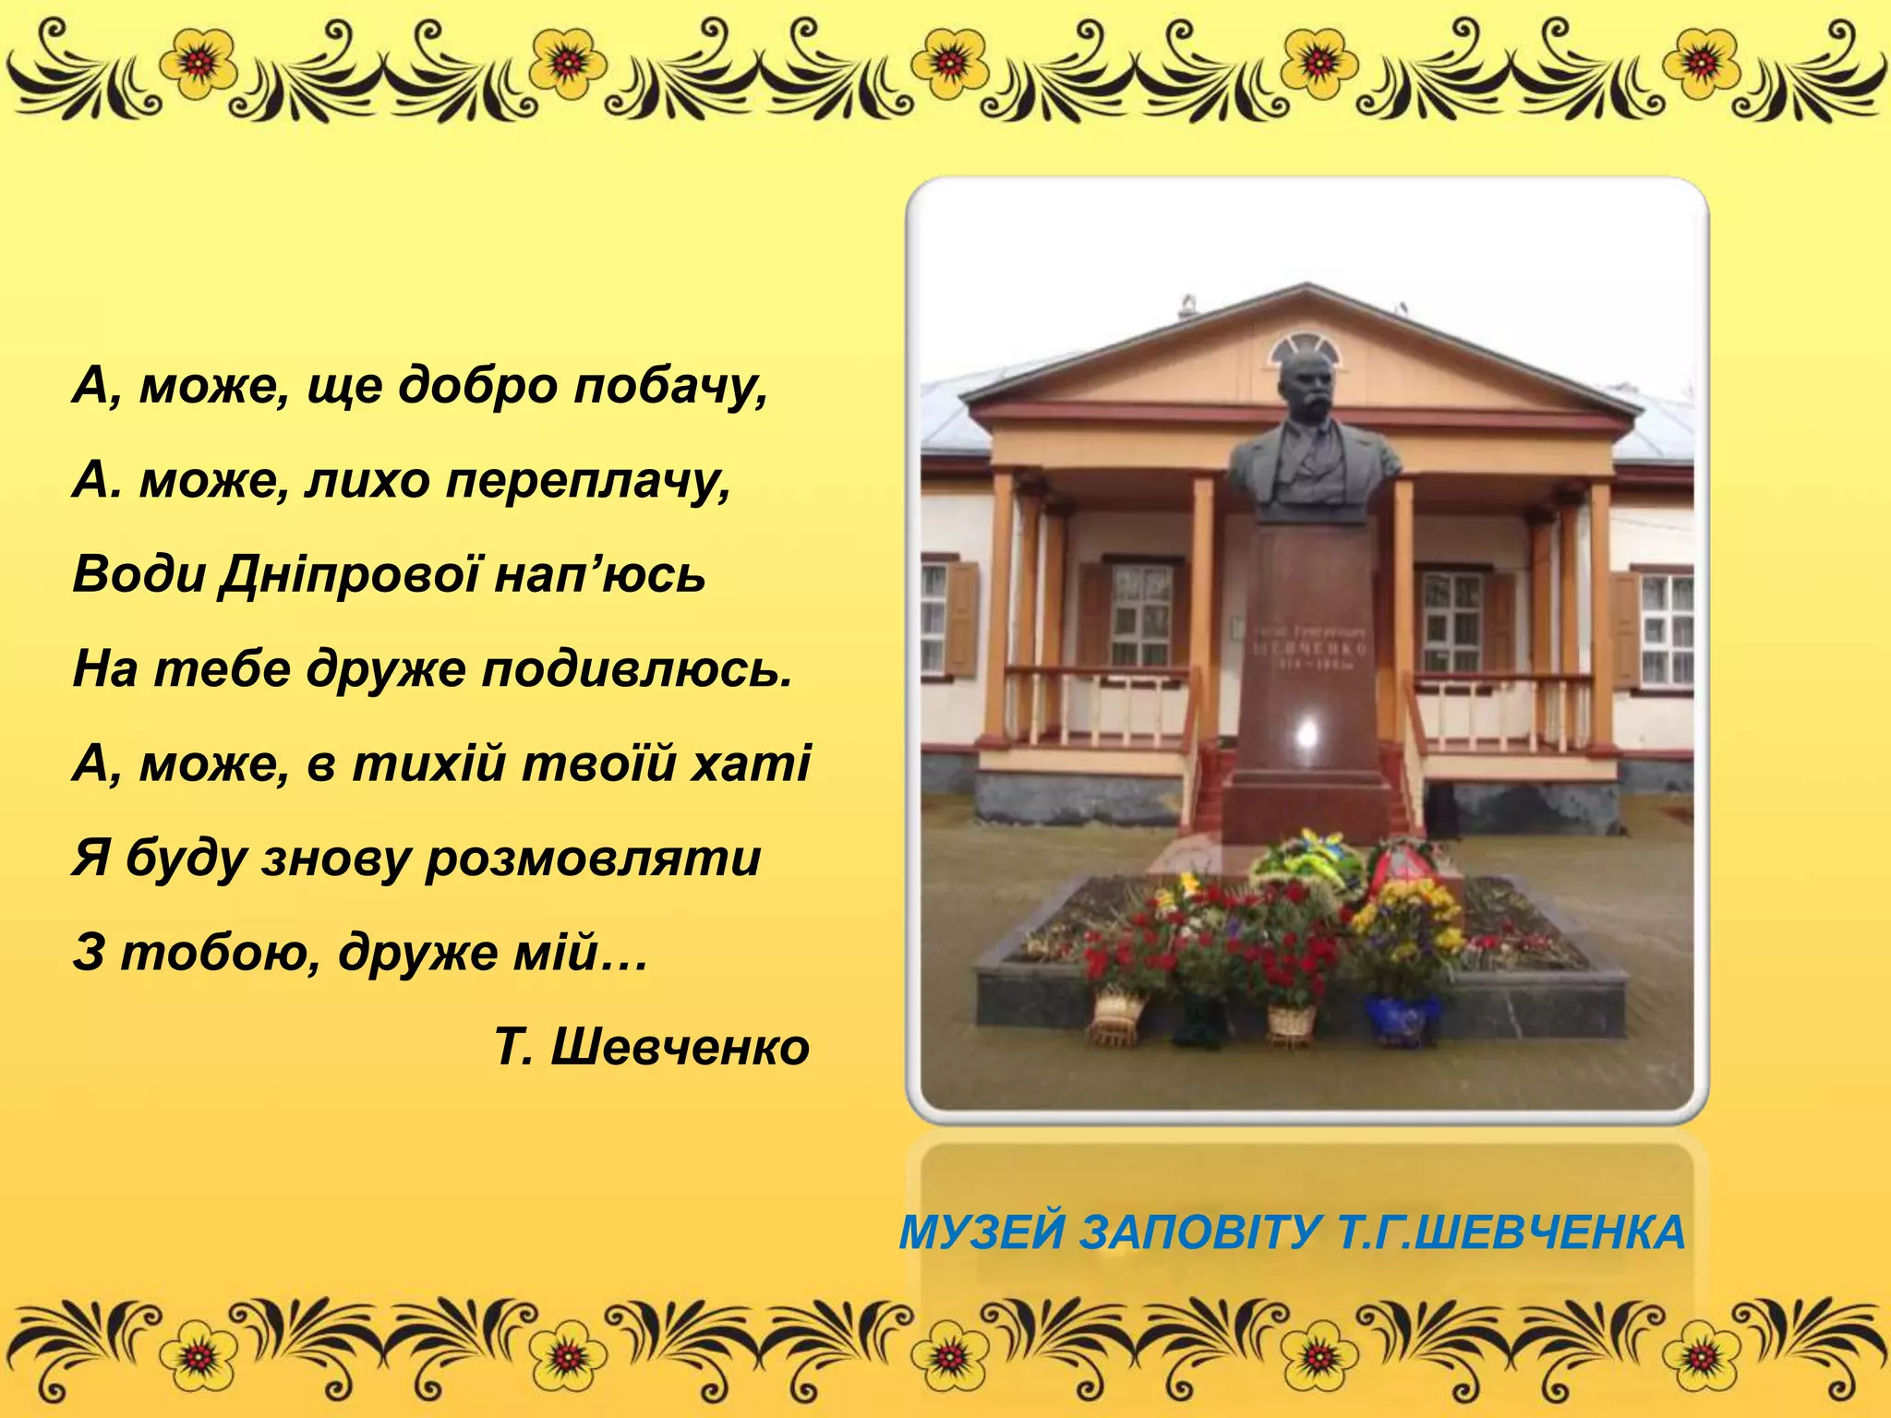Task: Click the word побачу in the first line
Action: click(x=670, y=386)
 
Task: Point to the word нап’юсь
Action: click(x=600, y=574)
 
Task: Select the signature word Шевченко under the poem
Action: click(x=680, y=1047)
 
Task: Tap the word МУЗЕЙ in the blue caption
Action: click(x=982, y=1232)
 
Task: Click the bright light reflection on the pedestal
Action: click(x=1307, y=734)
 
